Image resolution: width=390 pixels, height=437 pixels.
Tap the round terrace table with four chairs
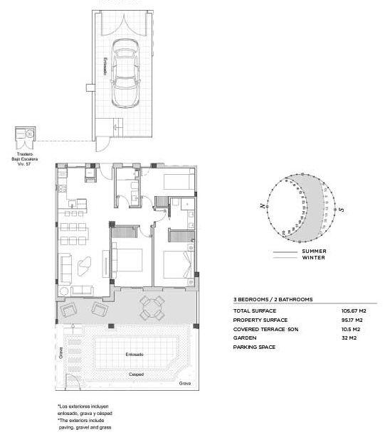click(x=152, y=308)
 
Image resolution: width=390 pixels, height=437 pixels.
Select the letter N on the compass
click(x=263, y=205)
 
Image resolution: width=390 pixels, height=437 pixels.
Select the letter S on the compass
click(x=342, y=210)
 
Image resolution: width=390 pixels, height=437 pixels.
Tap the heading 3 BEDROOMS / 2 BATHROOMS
click(x=273, y=300)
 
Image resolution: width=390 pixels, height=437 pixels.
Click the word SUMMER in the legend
click(x=314, y=252)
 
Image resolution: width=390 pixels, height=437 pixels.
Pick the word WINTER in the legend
click(x=313, y=257)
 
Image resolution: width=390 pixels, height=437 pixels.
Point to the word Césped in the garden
click(x=136, y=374)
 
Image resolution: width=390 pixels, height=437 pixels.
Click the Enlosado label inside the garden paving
click(x=135, y=353)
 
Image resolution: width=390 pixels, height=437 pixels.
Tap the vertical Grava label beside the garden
click(x=61, y=352)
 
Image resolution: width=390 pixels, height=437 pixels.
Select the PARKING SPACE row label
click(x=254, y=347)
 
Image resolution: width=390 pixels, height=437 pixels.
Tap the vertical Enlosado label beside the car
click(x=105, y=67)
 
